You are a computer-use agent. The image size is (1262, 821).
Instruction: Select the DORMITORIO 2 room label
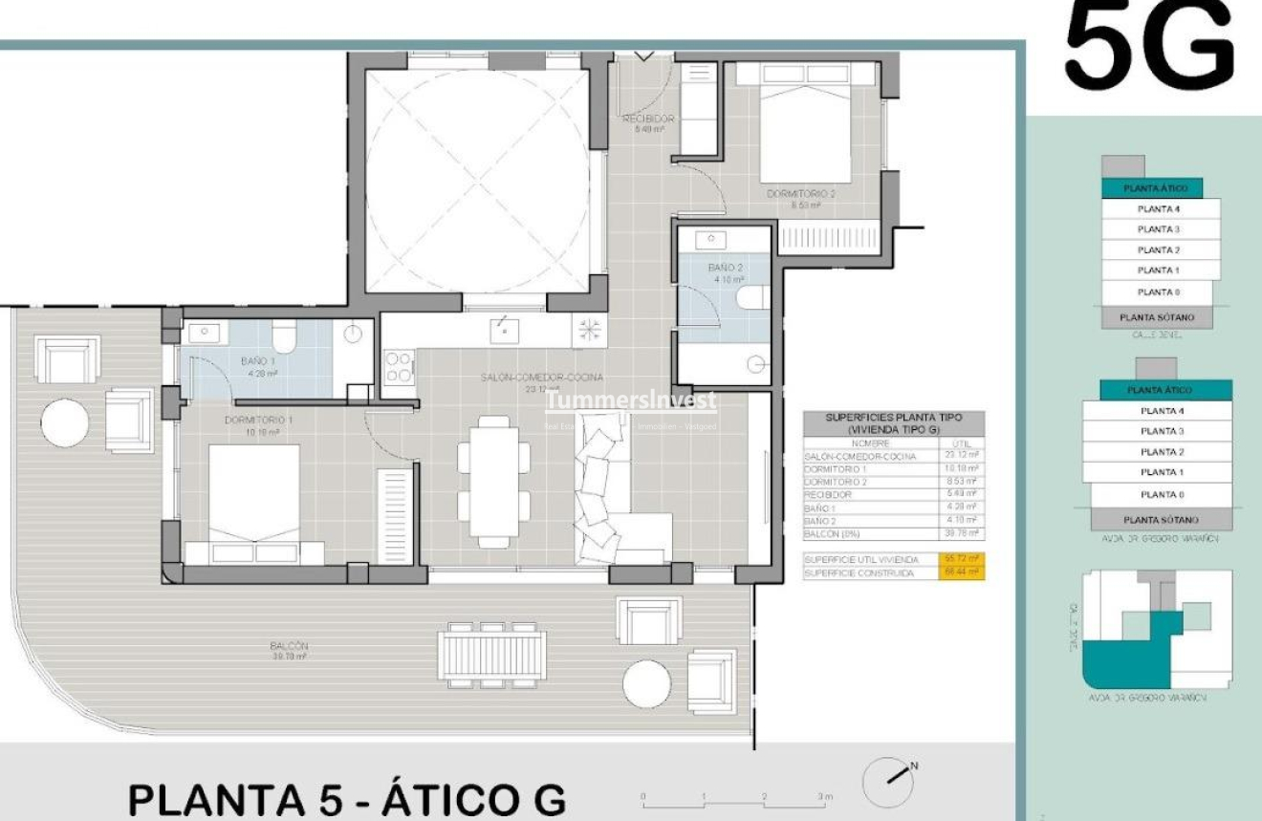(x=801, y=194)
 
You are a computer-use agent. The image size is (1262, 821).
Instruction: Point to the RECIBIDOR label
(x=649, y=119)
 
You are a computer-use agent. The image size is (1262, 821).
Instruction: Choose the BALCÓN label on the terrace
(x=288, y=647)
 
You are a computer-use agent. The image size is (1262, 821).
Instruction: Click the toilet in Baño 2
(x=751, y=298)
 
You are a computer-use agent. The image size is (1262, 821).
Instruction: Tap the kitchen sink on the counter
(x=504, y=331)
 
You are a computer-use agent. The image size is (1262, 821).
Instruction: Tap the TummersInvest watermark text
(x=630, y=401)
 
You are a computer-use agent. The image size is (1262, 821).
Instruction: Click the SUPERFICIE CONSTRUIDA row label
(x=859, y=573)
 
